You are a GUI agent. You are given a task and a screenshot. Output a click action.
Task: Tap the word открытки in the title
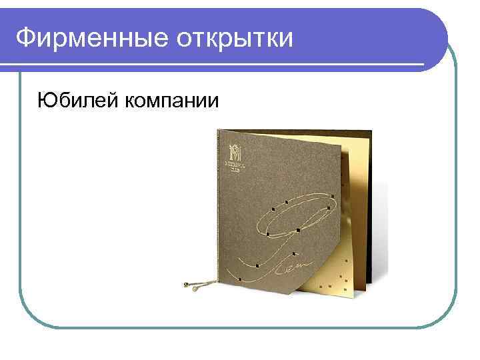point(235,39)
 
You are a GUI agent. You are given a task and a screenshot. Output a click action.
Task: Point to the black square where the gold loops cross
point(267,235)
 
